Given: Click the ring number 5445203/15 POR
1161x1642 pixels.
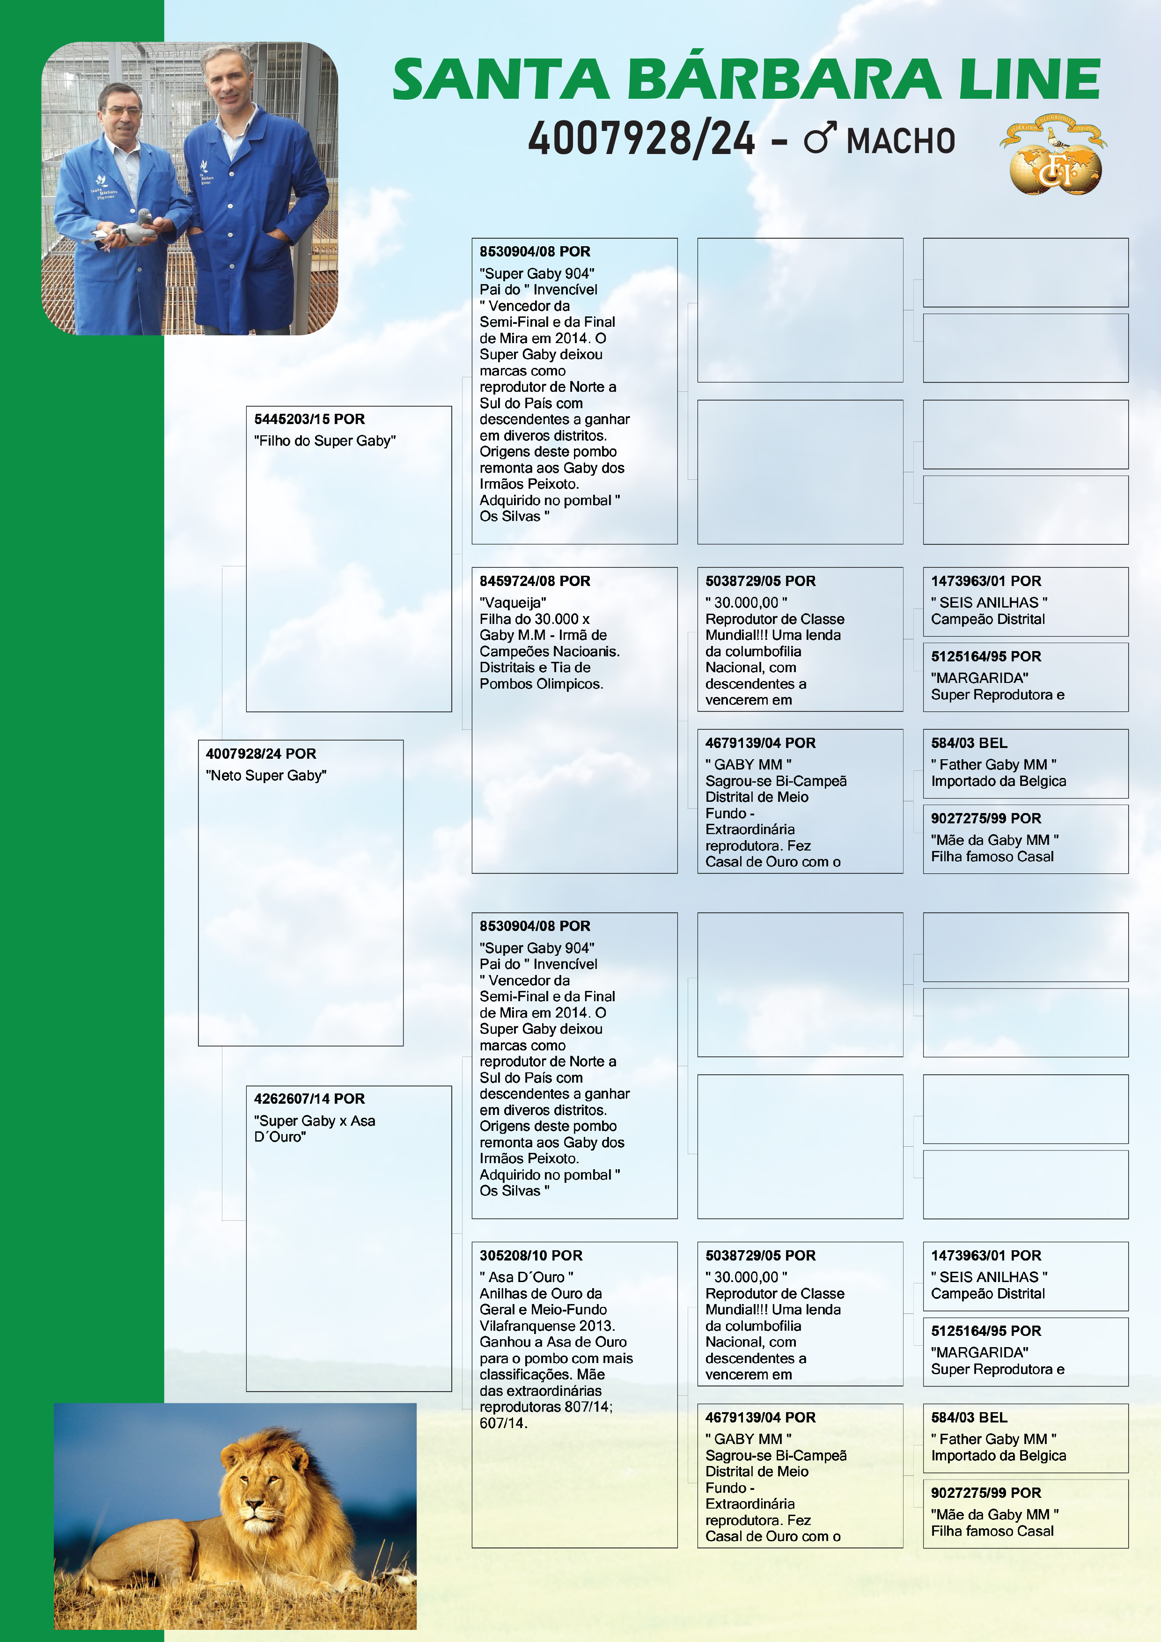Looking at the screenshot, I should pos(309,419).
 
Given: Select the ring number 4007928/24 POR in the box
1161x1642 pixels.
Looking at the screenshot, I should pos(260,754).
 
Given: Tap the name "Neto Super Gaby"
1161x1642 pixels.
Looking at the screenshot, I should pos(266,775).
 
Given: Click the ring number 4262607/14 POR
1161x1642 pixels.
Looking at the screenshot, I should pos(309,1099).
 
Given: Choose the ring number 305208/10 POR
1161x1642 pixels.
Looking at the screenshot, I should pos(531,1255).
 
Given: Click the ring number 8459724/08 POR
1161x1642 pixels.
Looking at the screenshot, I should pos(534,581).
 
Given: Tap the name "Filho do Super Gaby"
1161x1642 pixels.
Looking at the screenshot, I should pos(325,440).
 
